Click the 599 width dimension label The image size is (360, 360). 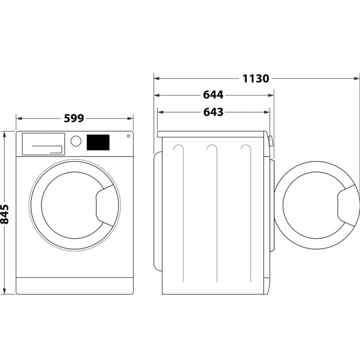coord(74,118)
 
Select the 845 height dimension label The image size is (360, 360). coord(4,214)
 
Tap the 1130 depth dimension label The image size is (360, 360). coord(256,78)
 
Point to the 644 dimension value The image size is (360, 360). coord(213,95)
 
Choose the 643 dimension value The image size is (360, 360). coord(213,112)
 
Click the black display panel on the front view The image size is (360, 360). coord(98,142)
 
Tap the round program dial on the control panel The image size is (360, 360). coord(76,141)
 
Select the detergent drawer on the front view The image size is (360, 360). coord(43,144)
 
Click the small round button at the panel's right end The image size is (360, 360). coord(129,136)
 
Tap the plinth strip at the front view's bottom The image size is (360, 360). coord(75,286)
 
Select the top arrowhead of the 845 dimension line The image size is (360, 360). coord(4,134)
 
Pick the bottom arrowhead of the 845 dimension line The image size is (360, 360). coord(4,291)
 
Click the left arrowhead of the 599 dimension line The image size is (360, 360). coord(19,118)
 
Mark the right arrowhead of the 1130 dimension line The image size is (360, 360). coord(357,78)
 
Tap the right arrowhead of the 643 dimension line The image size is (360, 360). coord(267,112)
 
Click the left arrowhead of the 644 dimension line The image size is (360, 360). coord(157,95)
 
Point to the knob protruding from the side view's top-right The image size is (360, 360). coord(270,141)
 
